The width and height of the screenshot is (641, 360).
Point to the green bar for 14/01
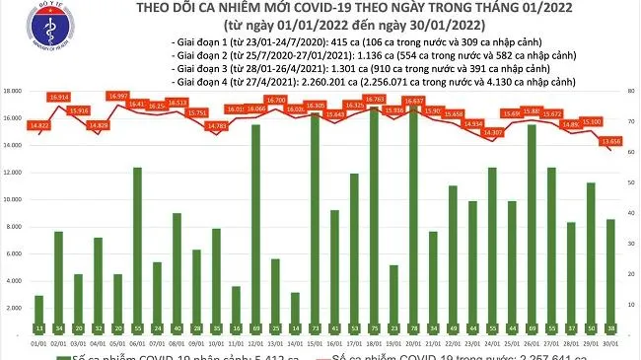tap(296, 306)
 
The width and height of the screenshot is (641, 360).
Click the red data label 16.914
tap(59, 97)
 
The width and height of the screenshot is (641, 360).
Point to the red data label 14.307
tap(493, 132)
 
